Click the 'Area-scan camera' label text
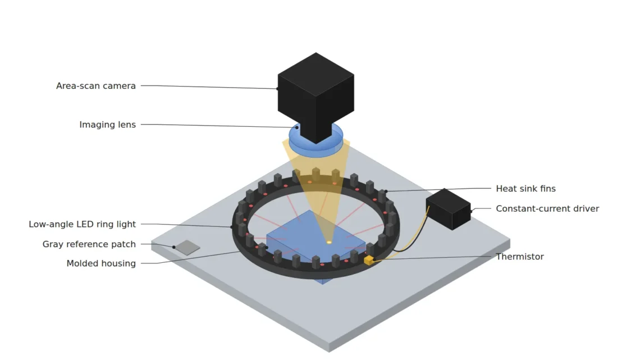[x=96, y=86]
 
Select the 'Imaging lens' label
[x=107, y=125]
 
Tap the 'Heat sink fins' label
[x=525, y=189]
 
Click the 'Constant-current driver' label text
[x=547, y=208]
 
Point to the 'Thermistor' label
[x=520, y=257]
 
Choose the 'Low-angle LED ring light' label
[x=82, y=224]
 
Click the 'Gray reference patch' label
[x=89, y=244]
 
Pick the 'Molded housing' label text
[x=101, y=263]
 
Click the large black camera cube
[x=316, y=94]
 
